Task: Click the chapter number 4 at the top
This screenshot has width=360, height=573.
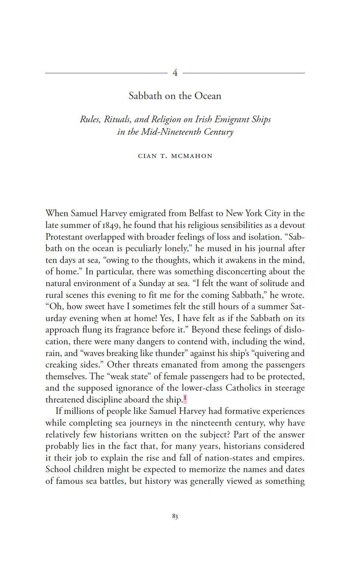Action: tap(175, 73)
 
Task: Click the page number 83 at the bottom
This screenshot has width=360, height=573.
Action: tap(175, 516)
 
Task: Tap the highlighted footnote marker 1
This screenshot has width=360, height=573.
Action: tap(185, 398)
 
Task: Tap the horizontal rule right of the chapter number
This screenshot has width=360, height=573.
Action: tap(243, 73)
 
